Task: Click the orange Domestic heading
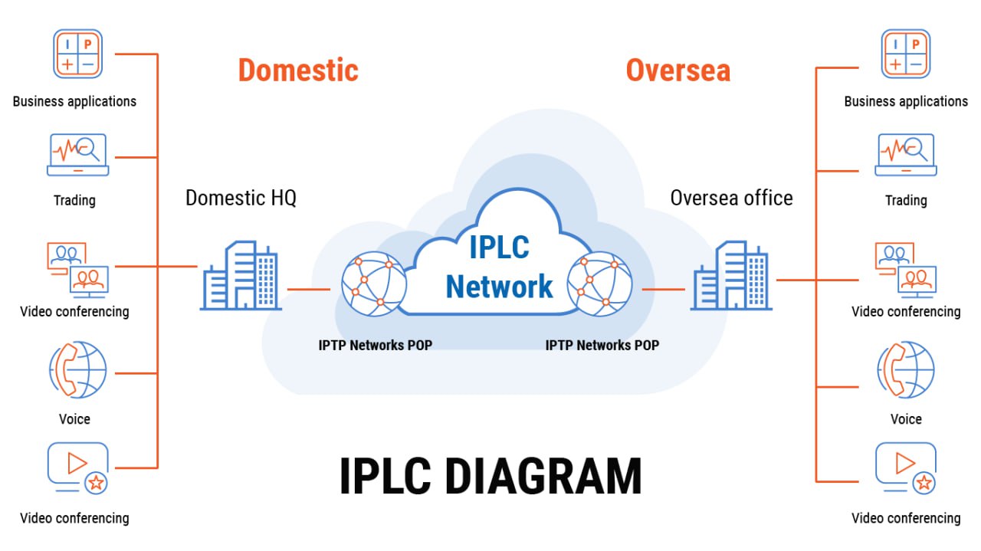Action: [298, 70]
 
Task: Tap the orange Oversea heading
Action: [678, 70]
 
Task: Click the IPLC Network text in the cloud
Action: [499, 268]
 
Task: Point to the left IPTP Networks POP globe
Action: [373, 284]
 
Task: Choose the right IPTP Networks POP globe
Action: [599, 284]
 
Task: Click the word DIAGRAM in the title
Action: [543, 476]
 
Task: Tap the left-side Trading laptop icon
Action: [77, 154]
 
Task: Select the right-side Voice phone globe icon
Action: [905, 370]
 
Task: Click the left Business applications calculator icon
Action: [77, 54]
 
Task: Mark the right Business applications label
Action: [905, 101]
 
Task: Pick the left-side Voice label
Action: [74, 419]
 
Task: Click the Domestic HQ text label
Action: [241, 198]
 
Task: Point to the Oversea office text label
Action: [731, 198]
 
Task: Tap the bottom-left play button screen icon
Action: [77, 467]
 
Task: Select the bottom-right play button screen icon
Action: [905, 467]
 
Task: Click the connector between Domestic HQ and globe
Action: [308, 290]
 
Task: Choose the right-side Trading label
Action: [905, 200]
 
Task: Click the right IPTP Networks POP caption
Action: [602, 345]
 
